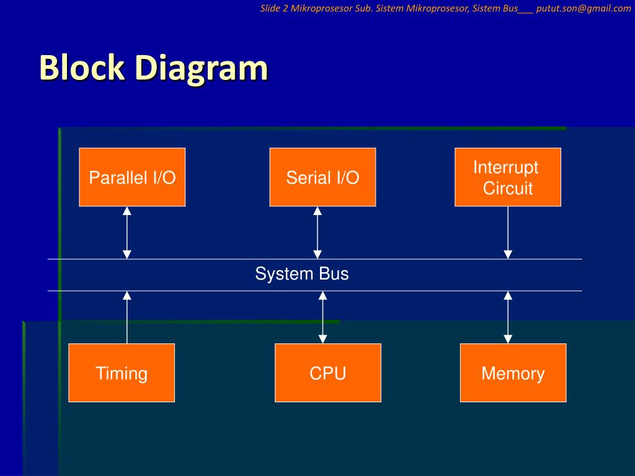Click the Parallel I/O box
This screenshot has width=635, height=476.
pyautogui.click(x=132, y=177)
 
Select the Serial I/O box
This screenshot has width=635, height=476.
pyautogui.click(x=322, y=177)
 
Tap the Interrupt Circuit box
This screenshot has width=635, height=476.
pyautogui.click(x=508, y=177)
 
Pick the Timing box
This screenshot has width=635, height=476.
pyautogui.click(x=122, y=372)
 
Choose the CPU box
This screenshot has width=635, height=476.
pyautogui.click(x=328, y=372)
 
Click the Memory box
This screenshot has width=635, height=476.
pyautogui.click(x=513, y=372)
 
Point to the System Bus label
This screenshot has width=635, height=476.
pyautogui.click(x=302, y=274)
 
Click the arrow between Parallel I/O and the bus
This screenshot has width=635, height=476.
pyautogui.click(x=127, y=233)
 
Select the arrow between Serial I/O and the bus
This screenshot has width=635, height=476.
pyautogui.click(x=317, y=233)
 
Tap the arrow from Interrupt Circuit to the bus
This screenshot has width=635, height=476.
pyautogui.click(x=508, y=233)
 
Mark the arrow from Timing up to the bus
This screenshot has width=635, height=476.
pyautogui.click(x=127, y=317)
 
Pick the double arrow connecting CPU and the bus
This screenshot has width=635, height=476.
pyautogui.click(x=322, y=317)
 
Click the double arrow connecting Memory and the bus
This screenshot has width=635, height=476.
pyautogui.click(x=508, y=317)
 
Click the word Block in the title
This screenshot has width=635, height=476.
pyautogui.click(x=82, y=67)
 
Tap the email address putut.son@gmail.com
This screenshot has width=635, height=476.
pyautogui.click(x=584, y=9)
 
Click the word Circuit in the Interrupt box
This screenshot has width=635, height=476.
pyautogui.click(x=508, y=188)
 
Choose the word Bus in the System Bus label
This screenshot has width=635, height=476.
pyautogui.click(x=334, y=274)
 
